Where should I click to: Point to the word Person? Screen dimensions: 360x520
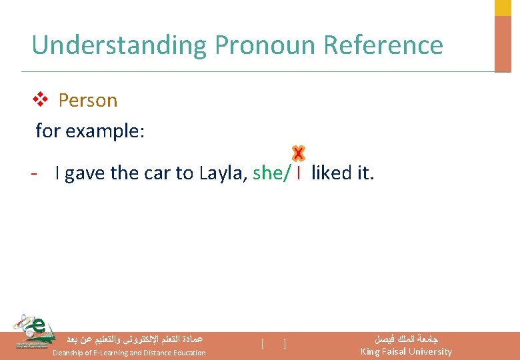87,101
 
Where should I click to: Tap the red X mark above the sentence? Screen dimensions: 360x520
298,154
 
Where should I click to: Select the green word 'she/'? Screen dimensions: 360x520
271,173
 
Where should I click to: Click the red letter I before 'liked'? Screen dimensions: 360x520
299,173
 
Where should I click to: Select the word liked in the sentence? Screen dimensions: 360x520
332,173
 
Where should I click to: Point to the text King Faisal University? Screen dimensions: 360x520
406,351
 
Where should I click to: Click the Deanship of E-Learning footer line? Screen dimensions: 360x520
129,352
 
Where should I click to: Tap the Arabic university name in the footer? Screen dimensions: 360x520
406,339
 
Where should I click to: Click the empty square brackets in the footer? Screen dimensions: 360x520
274,344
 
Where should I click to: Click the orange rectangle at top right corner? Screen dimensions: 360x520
503,43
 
